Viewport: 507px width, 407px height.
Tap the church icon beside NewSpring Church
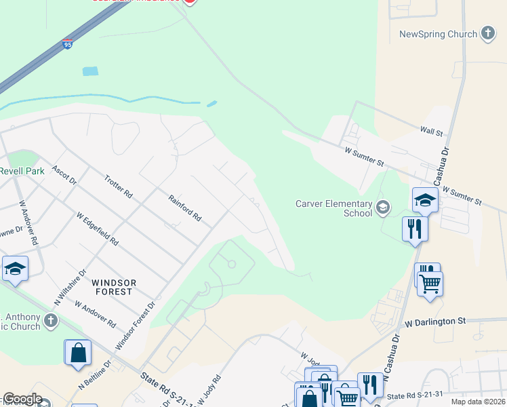point(487,33)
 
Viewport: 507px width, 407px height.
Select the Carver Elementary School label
point(333,208)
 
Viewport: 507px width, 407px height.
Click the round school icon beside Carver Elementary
point(384,207)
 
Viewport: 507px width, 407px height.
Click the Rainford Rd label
point(185,209)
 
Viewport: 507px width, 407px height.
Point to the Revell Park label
point(22,171)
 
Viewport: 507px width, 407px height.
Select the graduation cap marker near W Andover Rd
point(15,269)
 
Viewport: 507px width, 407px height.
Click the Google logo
point(22,399)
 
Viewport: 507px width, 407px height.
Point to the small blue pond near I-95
point(89,71)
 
